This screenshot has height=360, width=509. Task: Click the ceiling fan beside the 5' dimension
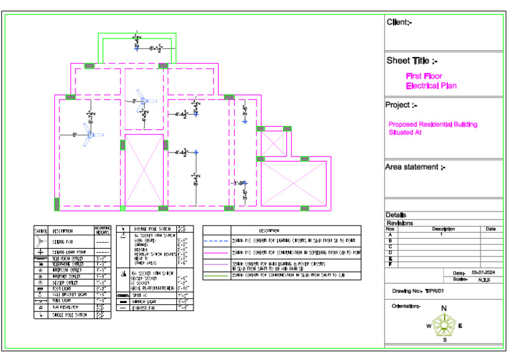[x=95, y=135]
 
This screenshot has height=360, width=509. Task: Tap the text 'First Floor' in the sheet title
[x=424, y=76]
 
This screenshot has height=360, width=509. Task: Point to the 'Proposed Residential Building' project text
[x=433, y=124]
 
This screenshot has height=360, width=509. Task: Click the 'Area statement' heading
[x=415, y=167]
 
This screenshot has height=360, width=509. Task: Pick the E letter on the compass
[x=461, y=326]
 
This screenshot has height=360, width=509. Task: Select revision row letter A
[x=390, y=235]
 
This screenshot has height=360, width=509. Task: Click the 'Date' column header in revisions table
[x=490, y=229]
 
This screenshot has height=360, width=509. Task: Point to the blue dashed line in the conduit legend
[x=215, y=241]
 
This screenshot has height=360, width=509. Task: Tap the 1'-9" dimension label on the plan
[x=239, y=182]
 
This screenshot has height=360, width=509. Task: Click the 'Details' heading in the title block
[x=396, y=215]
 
